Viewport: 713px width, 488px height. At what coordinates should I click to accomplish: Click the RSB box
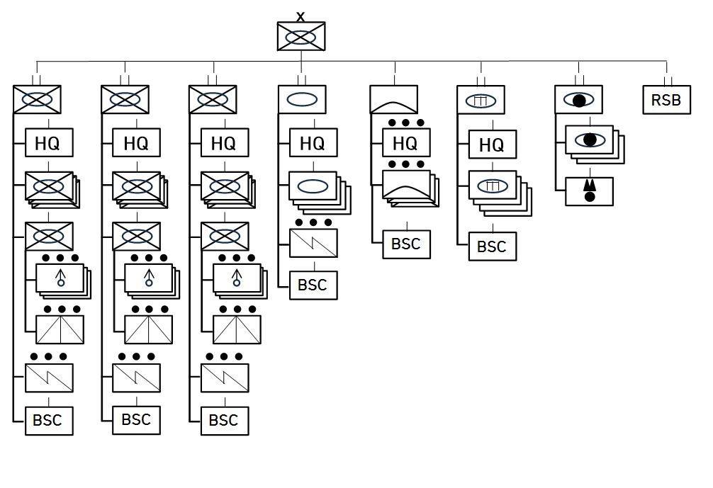click(666, 100)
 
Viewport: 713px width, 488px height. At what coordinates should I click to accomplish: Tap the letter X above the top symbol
click(301, 16)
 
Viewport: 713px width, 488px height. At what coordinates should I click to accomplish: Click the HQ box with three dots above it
click(405, 143)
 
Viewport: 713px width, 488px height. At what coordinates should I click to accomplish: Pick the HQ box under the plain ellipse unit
click(313, 143)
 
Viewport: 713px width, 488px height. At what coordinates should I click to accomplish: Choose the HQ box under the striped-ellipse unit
click(492, 145)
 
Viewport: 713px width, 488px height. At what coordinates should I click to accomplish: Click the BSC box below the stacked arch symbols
click(406, 244)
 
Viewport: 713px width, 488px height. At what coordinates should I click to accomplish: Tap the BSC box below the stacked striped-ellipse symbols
click(492, 246)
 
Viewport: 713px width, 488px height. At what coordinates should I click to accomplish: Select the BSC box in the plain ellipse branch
click(313, 285)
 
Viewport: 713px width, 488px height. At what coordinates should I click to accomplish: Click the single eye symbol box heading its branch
click(578, 100)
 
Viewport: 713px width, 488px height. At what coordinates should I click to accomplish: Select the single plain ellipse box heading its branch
click(302, 100)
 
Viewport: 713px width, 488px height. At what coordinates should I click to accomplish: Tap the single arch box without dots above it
click(394, 100)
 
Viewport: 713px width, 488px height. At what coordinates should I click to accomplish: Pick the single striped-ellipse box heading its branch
click(481, 100)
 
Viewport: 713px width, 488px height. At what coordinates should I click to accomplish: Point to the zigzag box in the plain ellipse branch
click(313, 242)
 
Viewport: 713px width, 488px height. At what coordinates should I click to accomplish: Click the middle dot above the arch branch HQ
click(405, 123)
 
